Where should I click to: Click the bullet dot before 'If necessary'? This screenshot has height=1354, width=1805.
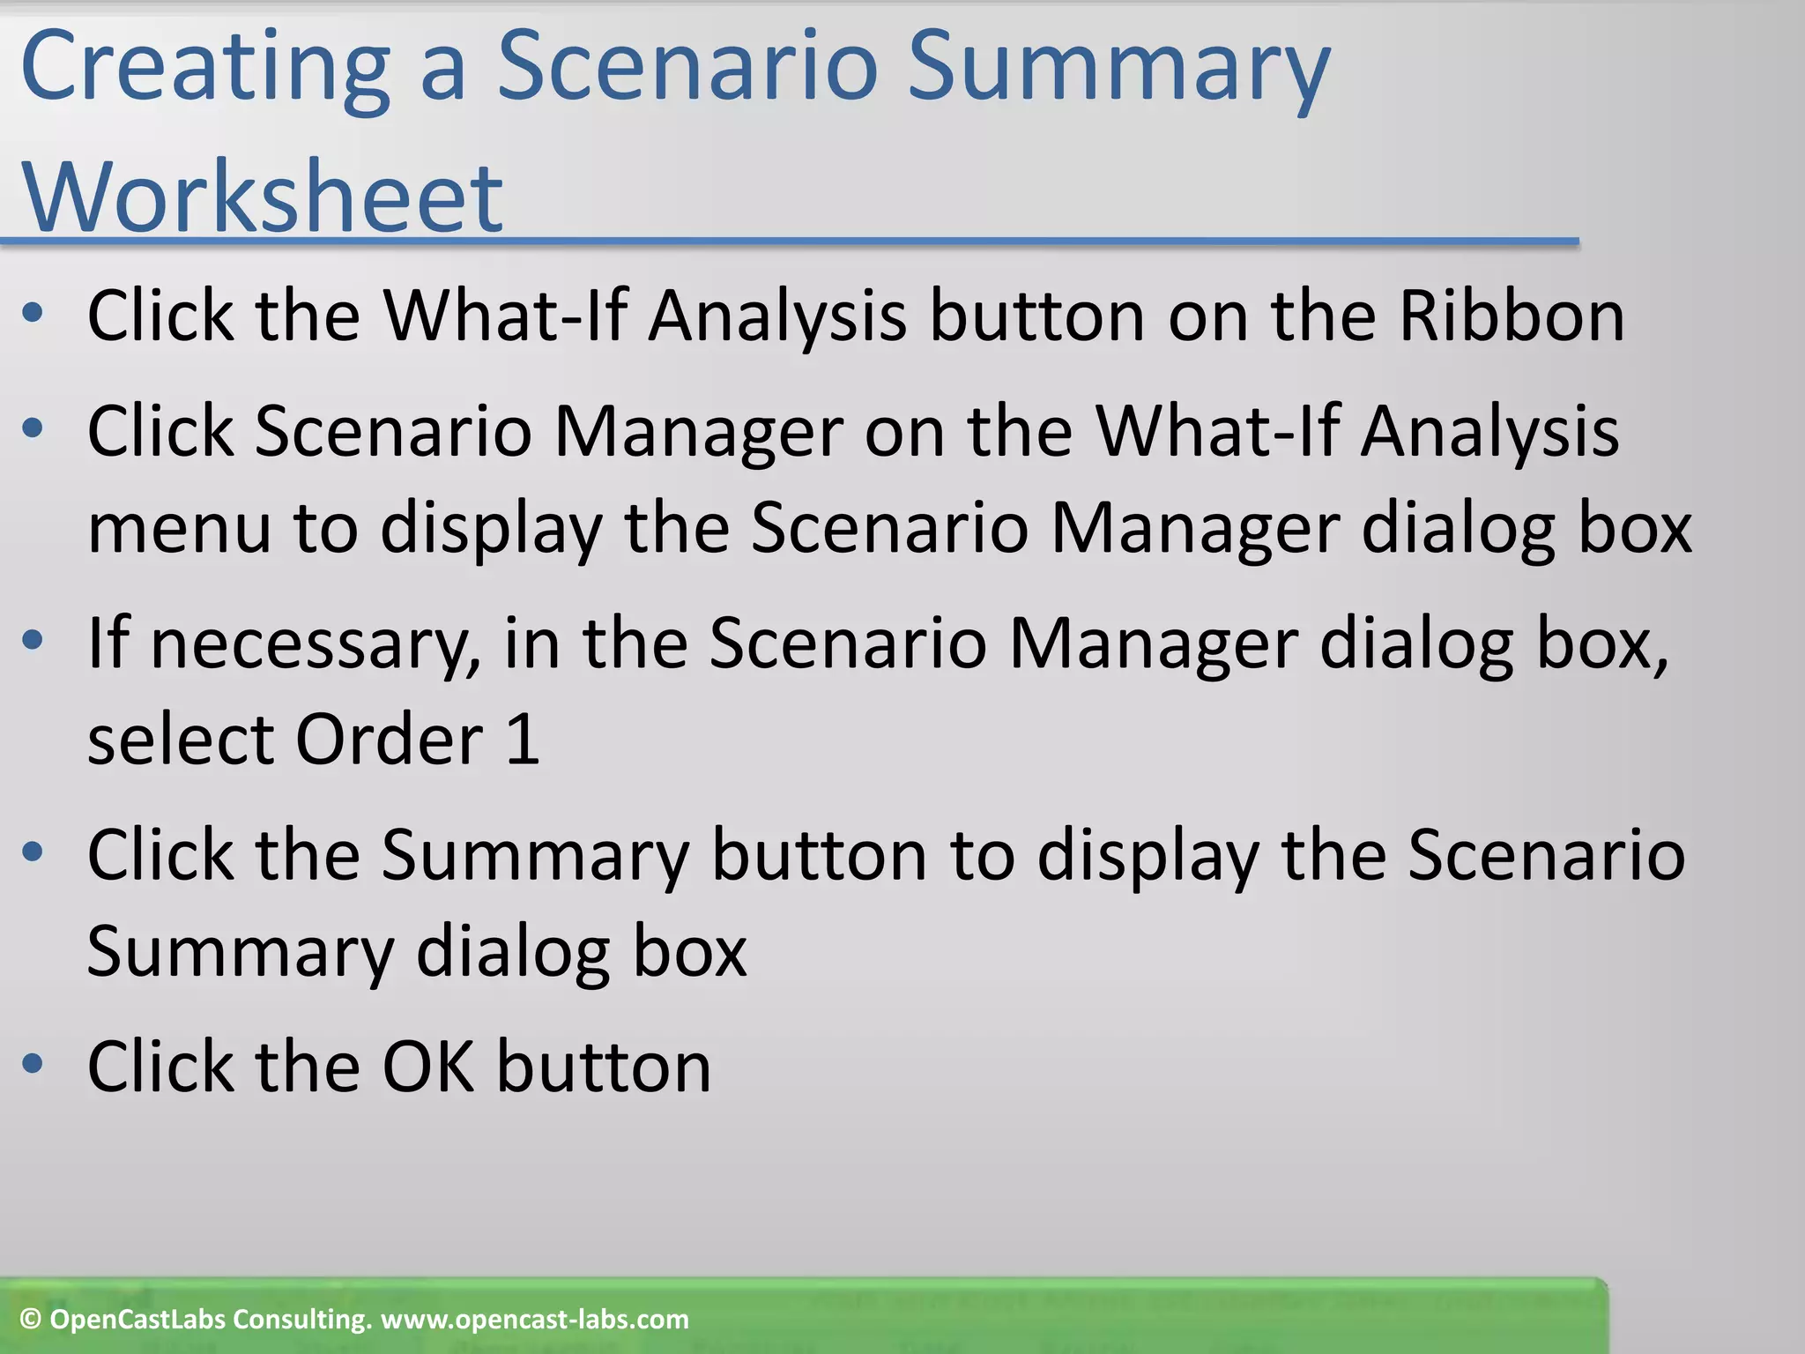pos(33,641)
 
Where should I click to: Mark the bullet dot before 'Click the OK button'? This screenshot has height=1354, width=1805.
pos(33,1064)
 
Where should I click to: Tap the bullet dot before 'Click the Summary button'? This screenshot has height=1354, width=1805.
pos(33,852)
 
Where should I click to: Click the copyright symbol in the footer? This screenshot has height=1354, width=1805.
pos(31,1320)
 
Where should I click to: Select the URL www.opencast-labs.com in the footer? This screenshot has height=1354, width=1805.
pos(534,1320)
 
